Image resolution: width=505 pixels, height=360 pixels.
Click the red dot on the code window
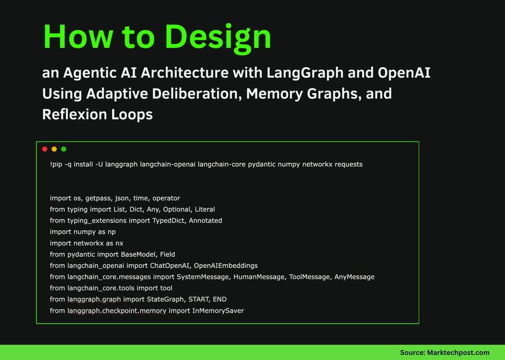45,149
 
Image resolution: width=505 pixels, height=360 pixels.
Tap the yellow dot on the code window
54,149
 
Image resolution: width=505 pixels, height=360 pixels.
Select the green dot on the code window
64,149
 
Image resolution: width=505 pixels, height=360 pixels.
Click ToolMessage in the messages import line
309,277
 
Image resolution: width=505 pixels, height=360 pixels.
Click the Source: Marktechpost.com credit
445,353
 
